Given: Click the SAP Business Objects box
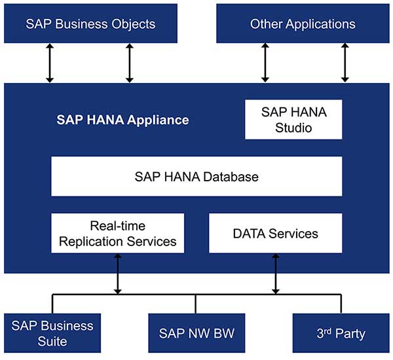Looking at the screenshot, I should [90, 24].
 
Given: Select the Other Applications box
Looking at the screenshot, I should [303, 24].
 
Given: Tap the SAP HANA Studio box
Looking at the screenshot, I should [293, 119].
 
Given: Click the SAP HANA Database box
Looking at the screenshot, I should [196, 177].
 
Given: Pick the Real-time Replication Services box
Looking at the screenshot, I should [118, 233].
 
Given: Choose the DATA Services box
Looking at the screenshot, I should [275, 233].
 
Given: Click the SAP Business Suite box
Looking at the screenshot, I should [52, 333].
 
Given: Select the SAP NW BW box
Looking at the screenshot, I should [196, 333].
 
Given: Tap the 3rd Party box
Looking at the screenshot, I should [341, 333].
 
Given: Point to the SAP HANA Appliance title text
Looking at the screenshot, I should [122, 120].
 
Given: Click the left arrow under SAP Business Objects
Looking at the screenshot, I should [50, 63].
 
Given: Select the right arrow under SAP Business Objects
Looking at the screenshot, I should [130, 63].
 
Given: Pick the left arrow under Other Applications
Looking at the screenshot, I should [265, 63].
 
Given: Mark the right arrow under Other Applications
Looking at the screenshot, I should [345, 63].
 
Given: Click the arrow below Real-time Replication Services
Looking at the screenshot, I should [118, 274].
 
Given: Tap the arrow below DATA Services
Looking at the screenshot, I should [275, 274].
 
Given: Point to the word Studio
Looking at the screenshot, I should [293, 128].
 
